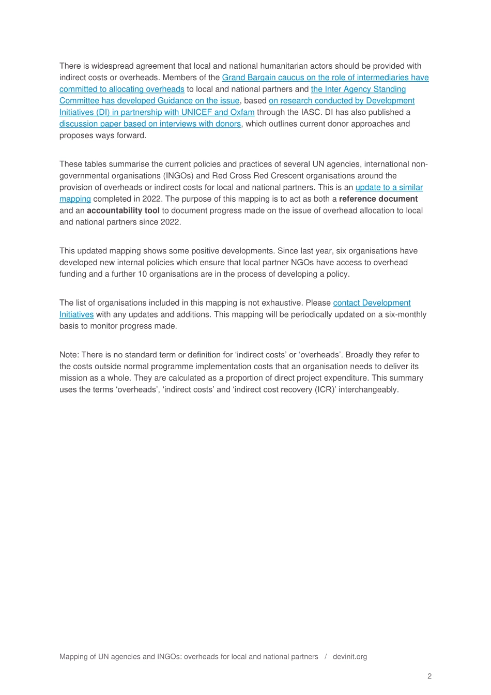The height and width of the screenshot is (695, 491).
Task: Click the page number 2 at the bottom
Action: pos(429,676)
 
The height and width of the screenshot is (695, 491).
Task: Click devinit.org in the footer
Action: pos(350,657)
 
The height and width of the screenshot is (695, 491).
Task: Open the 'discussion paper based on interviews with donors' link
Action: pos(150,124)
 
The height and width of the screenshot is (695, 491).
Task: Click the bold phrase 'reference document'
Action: pos(378,199)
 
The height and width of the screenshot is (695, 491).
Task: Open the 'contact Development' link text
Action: pos(372,303)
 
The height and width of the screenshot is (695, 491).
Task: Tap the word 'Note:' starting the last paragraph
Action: pos(69,355)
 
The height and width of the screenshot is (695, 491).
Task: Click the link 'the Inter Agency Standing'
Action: pos(358,89)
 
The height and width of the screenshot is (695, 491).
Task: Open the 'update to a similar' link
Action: pos(389,187)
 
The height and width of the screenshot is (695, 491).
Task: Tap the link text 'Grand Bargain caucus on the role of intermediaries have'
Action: pos(325,78)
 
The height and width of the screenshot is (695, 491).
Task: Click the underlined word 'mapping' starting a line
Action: pos(75,199)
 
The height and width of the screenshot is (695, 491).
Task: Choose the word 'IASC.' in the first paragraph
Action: pos(312,112)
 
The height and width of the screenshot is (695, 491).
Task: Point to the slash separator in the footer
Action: pos(326,657)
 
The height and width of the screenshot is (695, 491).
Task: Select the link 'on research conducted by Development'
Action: pos(342,101)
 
